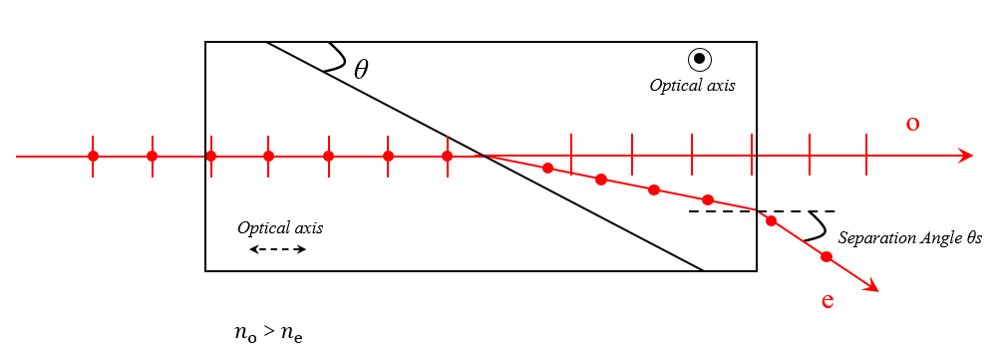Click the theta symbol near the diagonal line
coord(361,69)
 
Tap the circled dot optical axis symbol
coord(700,59)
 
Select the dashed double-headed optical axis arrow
coord(278,250)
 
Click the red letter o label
coord(912,124)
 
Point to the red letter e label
coord(828,300)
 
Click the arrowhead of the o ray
coord(965,156)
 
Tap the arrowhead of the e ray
coord(871,287)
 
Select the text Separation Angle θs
coord(910,238)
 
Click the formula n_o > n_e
coord(268,333)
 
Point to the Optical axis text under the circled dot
coord(693,85)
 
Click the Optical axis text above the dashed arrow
coord(280,227)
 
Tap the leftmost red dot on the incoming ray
coord(94,156)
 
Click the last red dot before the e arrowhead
coord(826,257)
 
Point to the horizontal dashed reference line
coord(762,211)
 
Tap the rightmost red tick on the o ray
coord(866,155)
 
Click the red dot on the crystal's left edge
coord(211,156)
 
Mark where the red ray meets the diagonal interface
coord(485,156)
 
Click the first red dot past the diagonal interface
coord(547,168)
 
